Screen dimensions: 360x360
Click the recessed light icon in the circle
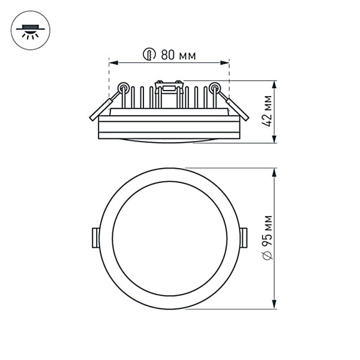click(28, 31)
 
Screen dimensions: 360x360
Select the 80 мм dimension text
click(179, 55)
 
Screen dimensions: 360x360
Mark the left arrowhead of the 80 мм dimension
click(112, 62)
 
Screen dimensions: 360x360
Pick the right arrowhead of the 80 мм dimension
click(226, 62)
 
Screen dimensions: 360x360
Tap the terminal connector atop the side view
click(168, 87)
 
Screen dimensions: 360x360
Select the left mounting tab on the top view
click(95, 237)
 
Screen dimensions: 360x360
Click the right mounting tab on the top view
click(243, 237)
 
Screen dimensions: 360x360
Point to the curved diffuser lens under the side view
click(169, 141)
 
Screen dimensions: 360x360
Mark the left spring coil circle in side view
click(124, 88)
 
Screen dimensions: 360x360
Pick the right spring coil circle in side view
click(215, 88)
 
